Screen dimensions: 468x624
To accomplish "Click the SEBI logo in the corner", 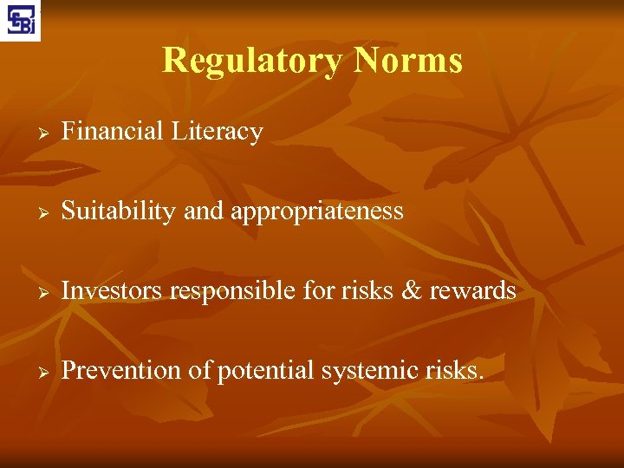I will click(x=20, y=20).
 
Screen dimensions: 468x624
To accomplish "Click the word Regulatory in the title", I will click(x=252, y=61).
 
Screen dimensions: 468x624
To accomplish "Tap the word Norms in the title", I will click(x=408, y=61).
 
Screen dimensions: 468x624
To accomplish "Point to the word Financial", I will click(x=113, y=132).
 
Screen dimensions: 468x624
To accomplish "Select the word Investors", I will click(x=113, y=291).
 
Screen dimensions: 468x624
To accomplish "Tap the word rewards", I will click(x=472, y=291).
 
